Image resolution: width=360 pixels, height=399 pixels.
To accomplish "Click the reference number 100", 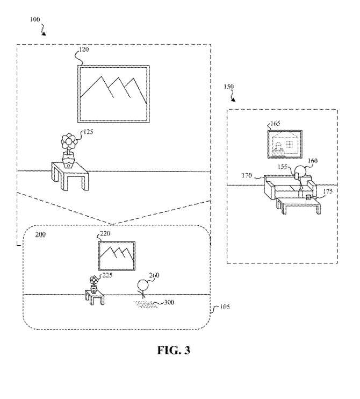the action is (35, 19).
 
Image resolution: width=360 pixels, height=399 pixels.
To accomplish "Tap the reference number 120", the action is (84, 49).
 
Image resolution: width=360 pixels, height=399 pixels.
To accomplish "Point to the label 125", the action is (88, 132).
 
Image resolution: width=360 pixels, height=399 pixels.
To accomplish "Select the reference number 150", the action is (228, 87).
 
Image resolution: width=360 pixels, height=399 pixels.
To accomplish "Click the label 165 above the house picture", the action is (275, 124).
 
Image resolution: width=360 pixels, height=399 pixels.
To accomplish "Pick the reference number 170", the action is (247, 175).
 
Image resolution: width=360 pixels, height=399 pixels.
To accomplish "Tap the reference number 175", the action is (327, 191).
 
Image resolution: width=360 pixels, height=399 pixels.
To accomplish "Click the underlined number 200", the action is (40, 234).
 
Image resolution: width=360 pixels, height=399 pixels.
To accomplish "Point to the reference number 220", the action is (105, 233).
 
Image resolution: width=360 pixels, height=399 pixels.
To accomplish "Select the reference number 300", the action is (169, 302).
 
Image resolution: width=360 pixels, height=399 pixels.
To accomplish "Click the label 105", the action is (225, 307).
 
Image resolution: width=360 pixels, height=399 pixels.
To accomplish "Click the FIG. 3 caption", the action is (174, 350).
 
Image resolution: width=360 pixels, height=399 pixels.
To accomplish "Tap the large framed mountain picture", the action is (113, 94).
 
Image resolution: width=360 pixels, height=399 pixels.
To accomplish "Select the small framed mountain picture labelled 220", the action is (117, 256).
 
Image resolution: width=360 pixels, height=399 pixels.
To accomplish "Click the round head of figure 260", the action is (142, 285).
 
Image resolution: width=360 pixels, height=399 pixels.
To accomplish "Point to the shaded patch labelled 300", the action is (145, 304).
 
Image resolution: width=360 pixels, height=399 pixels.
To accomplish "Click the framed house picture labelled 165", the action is (285, 144).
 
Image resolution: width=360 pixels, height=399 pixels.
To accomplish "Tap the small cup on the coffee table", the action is (308, 197).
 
